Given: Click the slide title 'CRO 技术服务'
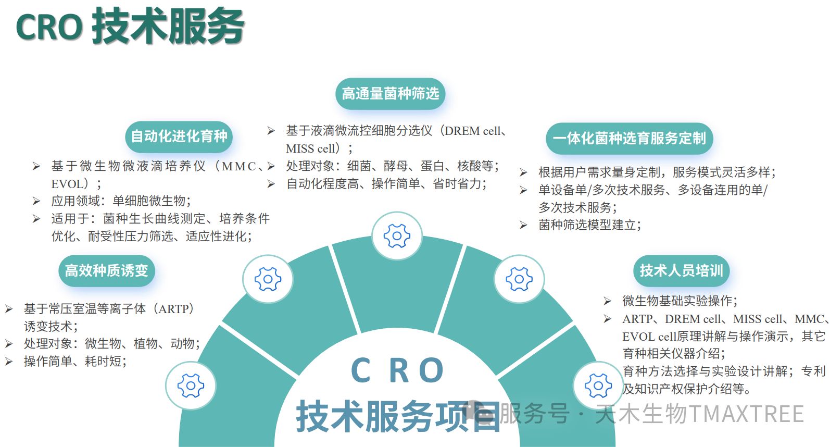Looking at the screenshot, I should coord(130,26).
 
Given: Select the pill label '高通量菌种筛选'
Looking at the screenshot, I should coord(390,94).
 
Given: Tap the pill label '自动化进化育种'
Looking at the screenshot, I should coord(179,136).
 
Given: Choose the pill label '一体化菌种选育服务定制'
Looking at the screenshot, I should coord(629,138).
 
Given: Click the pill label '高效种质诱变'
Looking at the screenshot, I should coord(106,270).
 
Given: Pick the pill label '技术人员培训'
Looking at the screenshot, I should coord(681,270).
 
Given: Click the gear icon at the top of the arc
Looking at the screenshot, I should coord(397,236).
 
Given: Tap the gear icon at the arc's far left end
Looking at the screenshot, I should coord(191,386).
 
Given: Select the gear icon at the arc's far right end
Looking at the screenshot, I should coord(598,386).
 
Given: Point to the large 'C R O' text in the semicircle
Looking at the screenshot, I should coord(397,370).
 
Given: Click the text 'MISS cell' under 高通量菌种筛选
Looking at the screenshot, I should coord(310,149).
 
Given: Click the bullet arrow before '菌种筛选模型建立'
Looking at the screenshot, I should coord(523,225).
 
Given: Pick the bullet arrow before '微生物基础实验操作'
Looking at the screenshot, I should coord(607,301).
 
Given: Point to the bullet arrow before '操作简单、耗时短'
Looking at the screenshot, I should coord(9,362).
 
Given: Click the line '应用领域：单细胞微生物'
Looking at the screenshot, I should coord(121,201).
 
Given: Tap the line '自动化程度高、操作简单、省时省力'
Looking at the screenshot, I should coord(386,184).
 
